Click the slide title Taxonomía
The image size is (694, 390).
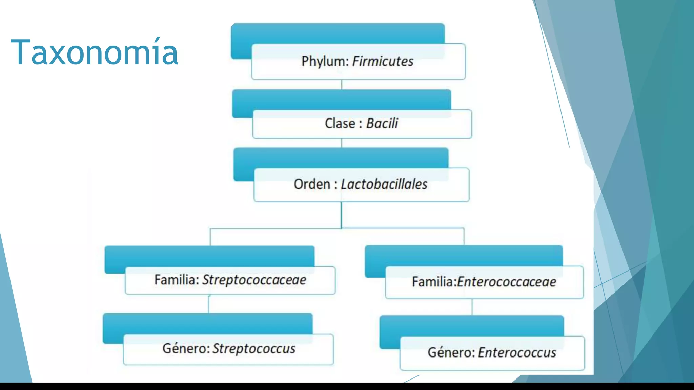94,52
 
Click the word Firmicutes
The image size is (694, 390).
383,62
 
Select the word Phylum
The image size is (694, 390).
325,62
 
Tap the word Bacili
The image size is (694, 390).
382,124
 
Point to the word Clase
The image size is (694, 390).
340,124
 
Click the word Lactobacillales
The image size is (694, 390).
384,185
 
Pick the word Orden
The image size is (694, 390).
312,185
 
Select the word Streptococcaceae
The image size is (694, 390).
254,280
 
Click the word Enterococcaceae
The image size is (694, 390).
506,282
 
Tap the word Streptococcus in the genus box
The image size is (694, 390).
254,349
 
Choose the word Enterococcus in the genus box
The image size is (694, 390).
517,353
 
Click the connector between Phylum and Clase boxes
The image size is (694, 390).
342,85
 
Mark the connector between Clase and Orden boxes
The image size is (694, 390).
342,143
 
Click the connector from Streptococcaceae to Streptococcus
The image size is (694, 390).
208,304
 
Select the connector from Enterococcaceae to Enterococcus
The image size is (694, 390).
472,307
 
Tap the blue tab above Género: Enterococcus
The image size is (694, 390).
471,325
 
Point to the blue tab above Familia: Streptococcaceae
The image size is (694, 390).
209,256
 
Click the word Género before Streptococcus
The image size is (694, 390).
186,349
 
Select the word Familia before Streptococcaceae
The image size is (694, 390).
176,280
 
